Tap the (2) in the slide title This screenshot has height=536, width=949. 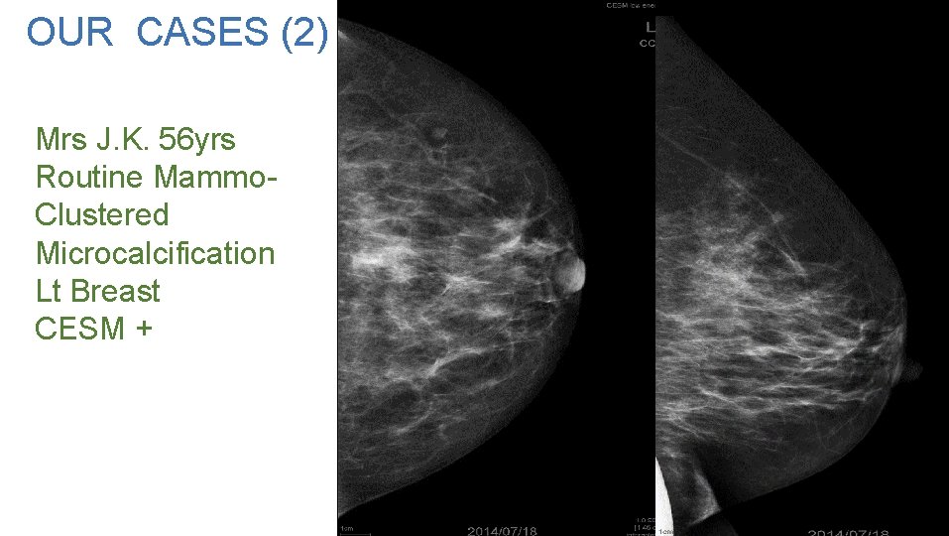[303, 33]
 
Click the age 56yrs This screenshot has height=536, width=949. [200, 140]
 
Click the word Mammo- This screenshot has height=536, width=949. [215, 178]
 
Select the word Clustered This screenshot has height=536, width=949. [102, 215]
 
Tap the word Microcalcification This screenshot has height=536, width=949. [155, 253]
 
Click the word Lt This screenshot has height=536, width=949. [49, 291]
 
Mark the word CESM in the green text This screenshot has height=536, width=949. [79, 328]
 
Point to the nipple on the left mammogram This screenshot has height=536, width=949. [572, 272]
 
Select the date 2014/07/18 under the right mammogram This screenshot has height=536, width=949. [848, 530]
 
